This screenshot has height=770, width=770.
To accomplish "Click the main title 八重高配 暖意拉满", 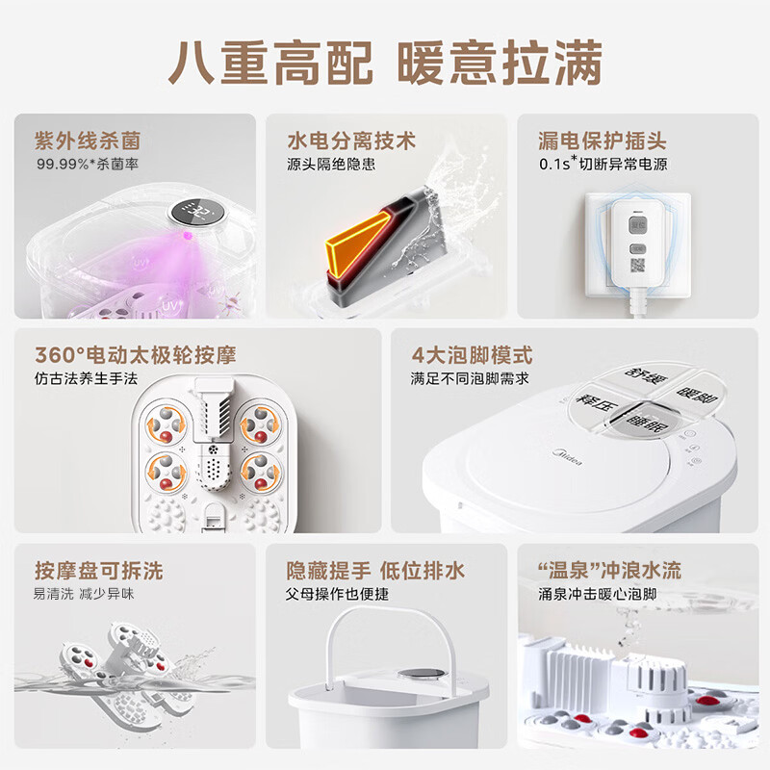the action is (x=385, y=64).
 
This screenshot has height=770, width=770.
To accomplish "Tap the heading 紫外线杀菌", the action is (x=88, y=141).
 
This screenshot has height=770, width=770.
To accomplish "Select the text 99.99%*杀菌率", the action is (x=88, y=164).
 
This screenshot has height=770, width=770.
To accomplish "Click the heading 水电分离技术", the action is (x=351, y=141).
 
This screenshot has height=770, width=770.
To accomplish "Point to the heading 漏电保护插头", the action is (x=603, y=141).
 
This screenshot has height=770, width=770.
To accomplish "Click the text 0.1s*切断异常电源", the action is (x=603, y=164).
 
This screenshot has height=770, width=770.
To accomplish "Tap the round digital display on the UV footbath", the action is (x=197, y=213).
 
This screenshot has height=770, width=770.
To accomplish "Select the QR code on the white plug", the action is (x=637, y=266).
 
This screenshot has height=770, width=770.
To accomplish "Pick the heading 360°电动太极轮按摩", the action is (x=136, y=355).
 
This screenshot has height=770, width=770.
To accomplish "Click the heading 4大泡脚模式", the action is (x=472, y=355).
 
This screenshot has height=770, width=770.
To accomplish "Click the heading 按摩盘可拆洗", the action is (x=99, y=571).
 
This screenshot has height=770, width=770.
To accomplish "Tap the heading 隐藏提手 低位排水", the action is (x=375, y=571).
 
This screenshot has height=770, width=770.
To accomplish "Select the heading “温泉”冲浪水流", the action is (x=610, y=571).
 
